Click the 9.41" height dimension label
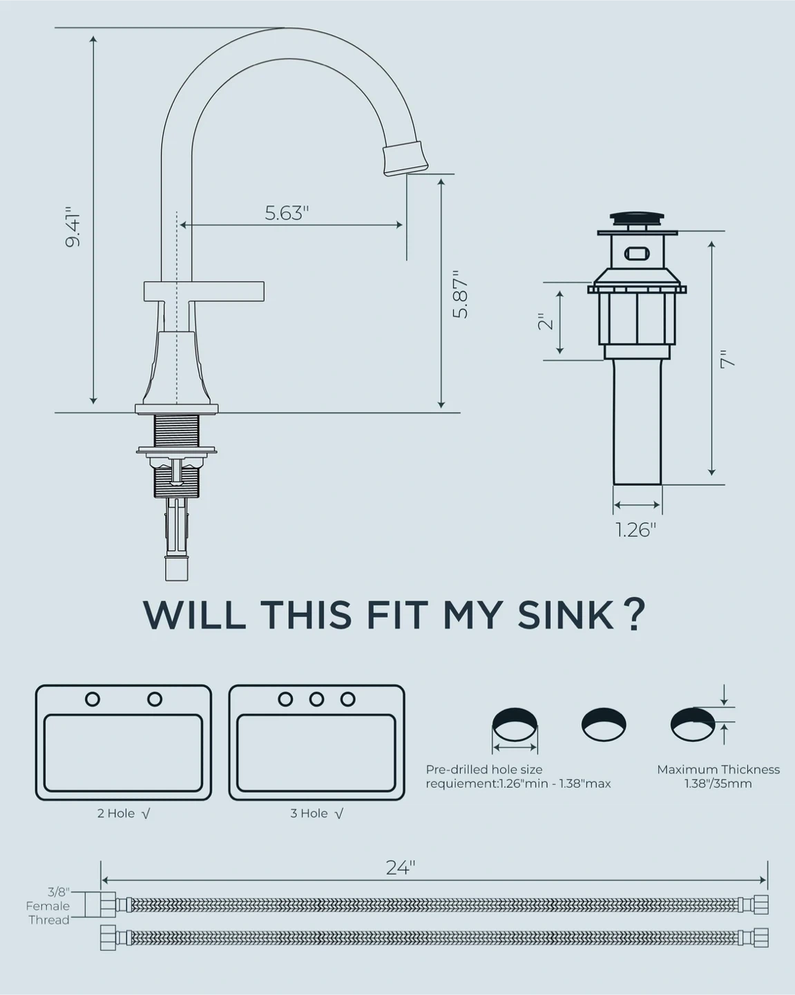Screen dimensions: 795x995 (x=73, y=227)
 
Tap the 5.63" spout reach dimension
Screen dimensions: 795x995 (x=287, y=213)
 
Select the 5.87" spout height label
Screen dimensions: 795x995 (x=461, y=294)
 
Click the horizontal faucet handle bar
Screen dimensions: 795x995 (x=204, y=292)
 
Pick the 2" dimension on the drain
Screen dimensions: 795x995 (x=546, y=321)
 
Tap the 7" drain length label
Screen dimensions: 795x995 (x=727, y=359)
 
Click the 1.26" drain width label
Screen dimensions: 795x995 (x=636, y=530)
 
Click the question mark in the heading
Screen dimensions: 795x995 (x=636, y=616)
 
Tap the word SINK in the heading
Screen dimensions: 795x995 (x=566, y=616)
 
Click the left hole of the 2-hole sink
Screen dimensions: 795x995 (x=93, y=699)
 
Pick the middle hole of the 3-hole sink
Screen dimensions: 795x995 (x=316, y=699)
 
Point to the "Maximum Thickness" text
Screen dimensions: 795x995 (x=718, y=769)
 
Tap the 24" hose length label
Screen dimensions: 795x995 (x=401, y=868)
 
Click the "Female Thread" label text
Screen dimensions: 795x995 (x=48, y=913)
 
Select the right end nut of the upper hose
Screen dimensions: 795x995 (x=761, y=904)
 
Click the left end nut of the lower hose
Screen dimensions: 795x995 (x=108, y=938)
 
